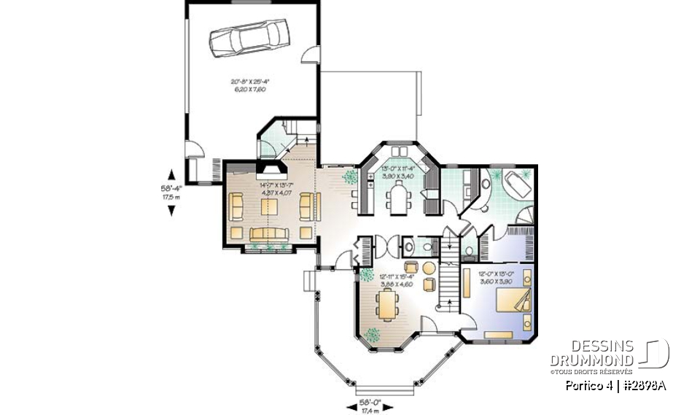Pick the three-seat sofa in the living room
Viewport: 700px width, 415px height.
point(271,233)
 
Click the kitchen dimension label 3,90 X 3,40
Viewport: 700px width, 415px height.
point(397,177)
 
